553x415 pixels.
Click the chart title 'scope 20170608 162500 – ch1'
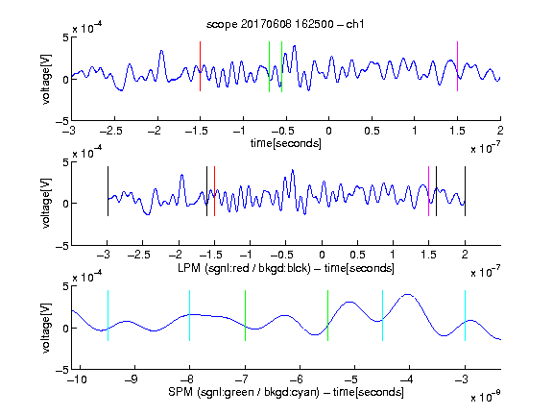[x=285, y=24]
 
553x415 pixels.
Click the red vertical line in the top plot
[x=200, y=66]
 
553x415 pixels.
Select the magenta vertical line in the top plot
[x=457, y=66]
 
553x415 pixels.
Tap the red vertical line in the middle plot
[x=214, y=191]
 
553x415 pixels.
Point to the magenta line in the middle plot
[x=428, y=191]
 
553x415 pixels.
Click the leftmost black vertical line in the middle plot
[x=108, y=191]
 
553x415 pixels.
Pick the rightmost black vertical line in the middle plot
[x=465, y=191]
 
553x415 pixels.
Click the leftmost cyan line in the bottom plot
[x=108, y=315]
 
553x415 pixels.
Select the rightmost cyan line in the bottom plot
[x=465, y=315]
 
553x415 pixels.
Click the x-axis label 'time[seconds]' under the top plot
[x=286, y=143]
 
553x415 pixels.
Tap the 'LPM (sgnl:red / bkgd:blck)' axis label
[x=244, y=268]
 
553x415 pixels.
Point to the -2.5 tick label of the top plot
[x=110, y=132]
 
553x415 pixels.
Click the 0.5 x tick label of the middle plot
[x=357, y=255]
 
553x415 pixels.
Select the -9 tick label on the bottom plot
[x=131, y=379]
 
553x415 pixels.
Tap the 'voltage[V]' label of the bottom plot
[x=46, y=328]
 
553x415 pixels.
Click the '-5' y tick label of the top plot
[x=62, y=121]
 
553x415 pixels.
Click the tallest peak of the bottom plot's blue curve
[x=408, y=294]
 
